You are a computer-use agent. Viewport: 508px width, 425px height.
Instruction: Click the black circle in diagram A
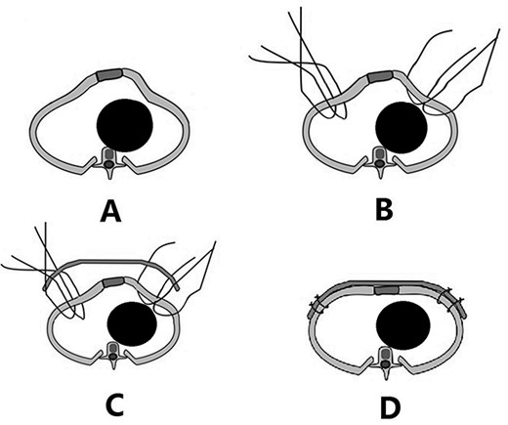(125, 124)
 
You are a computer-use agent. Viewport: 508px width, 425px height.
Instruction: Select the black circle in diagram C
(130, 321)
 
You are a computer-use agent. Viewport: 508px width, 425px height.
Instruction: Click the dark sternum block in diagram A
(108, 75)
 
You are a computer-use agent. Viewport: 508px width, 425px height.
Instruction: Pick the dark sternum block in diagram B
(378, 76)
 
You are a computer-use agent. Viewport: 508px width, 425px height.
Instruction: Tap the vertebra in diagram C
(116, 356)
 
